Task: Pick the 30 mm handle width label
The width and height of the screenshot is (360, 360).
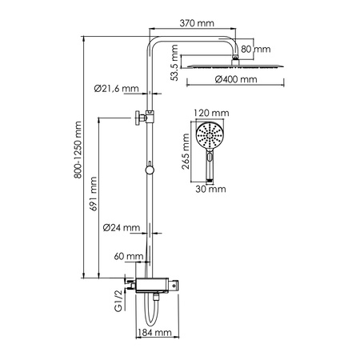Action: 210,190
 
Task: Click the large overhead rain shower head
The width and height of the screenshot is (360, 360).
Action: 234,65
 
